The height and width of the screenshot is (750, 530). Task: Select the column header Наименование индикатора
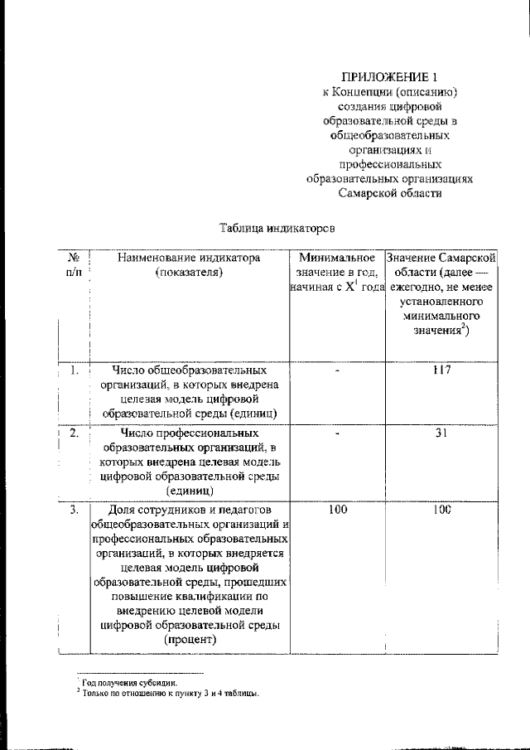[x=190, y=258]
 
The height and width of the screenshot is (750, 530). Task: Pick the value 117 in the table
[x=441, y=370]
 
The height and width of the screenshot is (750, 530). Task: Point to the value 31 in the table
[x=441, y=433]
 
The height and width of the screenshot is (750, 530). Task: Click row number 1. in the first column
[x=74, y=370]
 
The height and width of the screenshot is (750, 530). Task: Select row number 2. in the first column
[x=74, y=433]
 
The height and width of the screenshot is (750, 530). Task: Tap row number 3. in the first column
[x=74, y=510]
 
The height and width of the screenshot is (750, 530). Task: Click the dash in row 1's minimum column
[x=337, y=370]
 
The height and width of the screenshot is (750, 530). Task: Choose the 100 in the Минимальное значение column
[x=337, y=510]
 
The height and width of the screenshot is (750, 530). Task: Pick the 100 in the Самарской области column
[x=441, y=510]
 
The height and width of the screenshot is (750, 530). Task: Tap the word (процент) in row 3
[x=190, y=640]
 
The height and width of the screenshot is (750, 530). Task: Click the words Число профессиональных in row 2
[x=190, y=433]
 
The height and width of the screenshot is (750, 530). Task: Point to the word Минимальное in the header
[x=337, y=258]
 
